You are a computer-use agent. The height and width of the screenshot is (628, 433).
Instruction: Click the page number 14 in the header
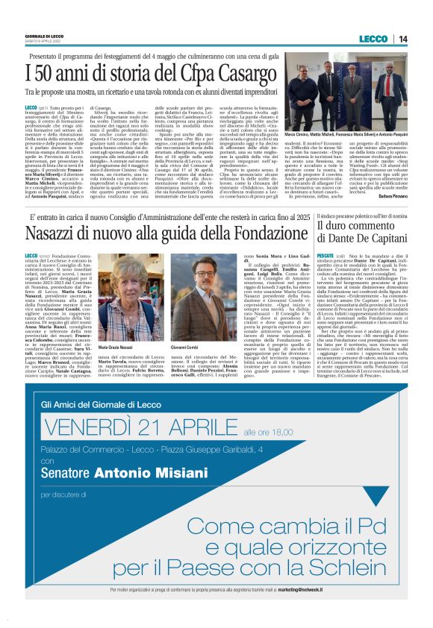(x=402, y=39)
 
